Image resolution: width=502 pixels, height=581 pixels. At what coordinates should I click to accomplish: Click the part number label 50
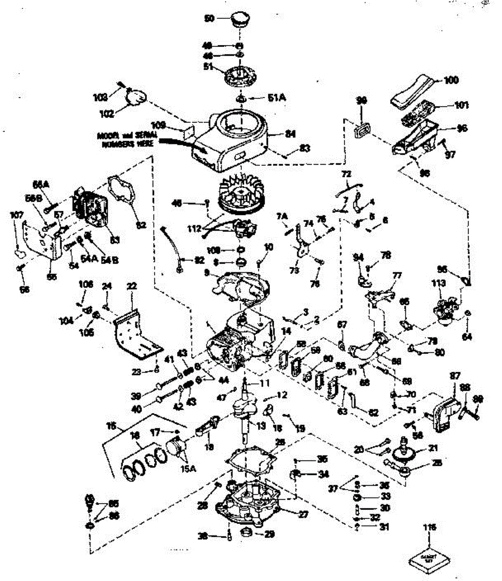pos(209,18)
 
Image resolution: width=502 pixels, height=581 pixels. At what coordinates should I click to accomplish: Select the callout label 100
pos(450,79)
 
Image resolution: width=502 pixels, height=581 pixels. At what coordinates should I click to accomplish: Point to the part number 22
pos(130,287)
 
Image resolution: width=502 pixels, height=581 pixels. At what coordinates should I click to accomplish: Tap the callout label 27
pos(303,515)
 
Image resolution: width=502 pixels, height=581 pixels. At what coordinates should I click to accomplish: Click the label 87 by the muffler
pos(455,375)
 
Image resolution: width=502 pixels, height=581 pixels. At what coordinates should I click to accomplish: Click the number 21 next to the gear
pos(433,448)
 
